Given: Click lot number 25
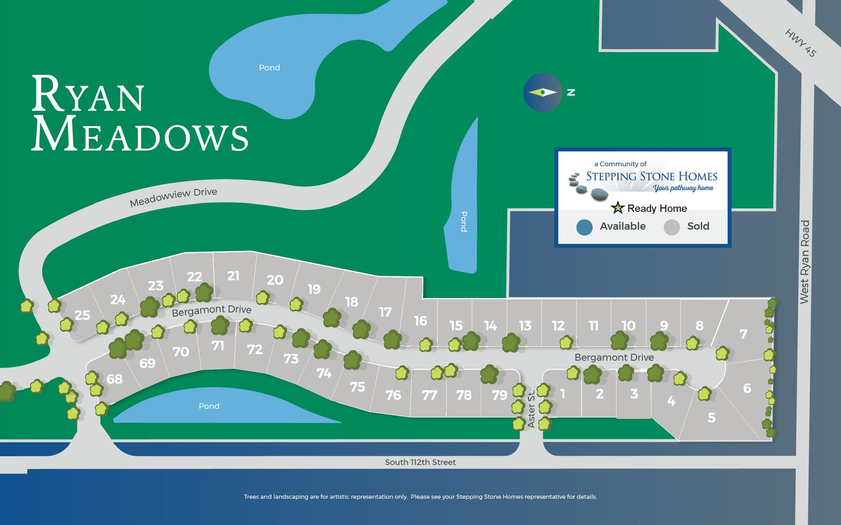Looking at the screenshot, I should pyautogui.click(x=82, y=315).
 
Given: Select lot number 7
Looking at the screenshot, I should pyautogui.click(x=743, y=334).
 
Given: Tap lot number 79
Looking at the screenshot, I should pyautogui.click(x=500, y=395).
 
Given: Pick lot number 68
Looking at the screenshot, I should pyautogui.click(x=114, y=379).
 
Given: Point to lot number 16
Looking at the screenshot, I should pyautogui.click(x=420, y=321).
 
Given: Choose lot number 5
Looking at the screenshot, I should pyautogui.click(x=711, y=418).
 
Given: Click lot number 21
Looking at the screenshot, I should pyautogui.click(x=233, y=276).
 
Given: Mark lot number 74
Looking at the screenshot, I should pyautogui.click(x=324, y=373).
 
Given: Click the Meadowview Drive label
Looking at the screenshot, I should pyautogui.click(x=173, y=197).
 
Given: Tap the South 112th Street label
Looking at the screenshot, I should pyautogui.click(x=420, y=462).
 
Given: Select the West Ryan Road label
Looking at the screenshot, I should pyautogui.click(x=804, y=262).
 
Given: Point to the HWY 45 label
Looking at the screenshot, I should pyautogui.click(x=800, y=43).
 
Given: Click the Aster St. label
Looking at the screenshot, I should pyautogui.click(x=531, y=409).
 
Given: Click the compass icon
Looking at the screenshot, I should pyautogui.click(x=542, y=92).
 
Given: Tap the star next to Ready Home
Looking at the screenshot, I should pyautogui.click(x=617, y=208).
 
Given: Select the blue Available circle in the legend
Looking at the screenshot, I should pyautogui.click(x=584, y=227).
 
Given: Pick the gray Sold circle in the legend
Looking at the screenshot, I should pyautogui.click(x=672, y=227).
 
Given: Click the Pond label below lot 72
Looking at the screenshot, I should pyautogui.click(x=209, y=406).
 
